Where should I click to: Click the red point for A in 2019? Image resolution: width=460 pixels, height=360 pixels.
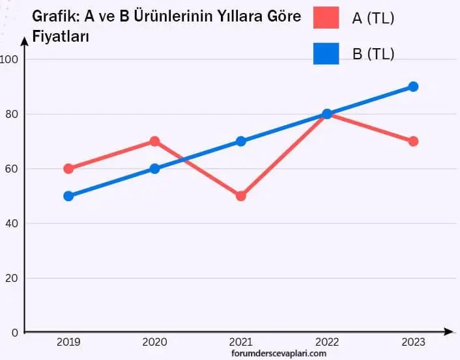coord(68,169)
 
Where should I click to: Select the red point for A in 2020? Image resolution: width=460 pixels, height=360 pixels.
coord(154,141)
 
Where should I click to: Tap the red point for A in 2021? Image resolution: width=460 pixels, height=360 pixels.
coord(240,196)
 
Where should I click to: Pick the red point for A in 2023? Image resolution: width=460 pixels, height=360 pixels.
coord(413,141)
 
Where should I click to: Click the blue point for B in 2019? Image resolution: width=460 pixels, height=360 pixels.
coord(68,196)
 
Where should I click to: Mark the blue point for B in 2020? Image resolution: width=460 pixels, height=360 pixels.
coord(154,169)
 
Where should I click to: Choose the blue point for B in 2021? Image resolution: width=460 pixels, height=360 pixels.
coord(240,141)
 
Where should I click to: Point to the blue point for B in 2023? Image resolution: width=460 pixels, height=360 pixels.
coord(413,87)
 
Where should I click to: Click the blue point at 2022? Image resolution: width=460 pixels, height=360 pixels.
coord(327,114)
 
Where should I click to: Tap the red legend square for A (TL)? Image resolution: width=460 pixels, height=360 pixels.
coord(326,18)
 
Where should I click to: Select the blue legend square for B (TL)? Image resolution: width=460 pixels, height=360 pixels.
coord(326,53)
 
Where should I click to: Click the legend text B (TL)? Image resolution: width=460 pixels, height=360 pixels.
coord(373,54)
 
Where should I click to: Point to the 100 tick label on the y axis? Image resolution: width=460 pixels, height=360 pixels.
coord(9,59)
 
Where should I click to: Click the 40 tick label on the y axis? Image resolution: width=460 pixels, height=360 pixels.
coord(11,223)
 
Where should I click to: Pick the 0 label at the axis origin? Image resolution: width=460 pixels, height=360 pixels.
coord(14,333)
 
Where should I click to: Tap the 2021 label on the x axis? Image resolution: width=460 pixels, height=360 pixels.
coord(240,342)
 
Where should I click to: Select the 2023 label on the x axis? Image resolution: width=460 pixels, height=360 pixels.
coord(413,342)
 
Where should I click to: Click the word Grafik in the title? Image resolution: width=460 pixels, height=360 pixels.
coord(55,18)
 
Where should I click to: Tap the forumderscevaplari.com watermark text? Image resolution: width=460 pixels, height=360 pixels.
coord(278,353)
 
